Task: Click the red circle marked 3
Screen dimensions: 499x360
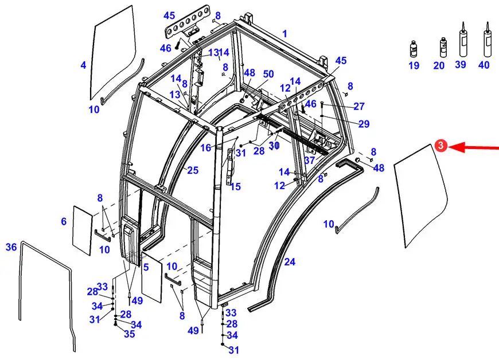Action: tap(440, 146)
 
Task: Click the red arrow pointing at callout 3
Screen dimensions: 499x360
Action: tap(474, 147)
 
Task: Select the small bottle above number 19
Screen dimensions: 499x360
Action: tap(414, 49)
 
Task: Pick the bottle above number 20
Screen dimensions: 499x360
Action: tap(443, 48)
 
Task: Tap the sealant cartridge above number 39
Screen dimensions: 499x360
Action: tap(463, 39)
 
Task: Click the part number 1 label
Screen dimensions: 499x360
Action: tap(284, 34)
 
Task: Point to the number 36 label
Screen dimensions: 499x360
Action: tap(11, 247)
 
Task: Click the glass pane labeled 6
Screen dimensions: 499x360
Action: tap(83, 230)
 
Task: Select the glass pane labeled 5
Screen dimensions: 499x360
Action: tap(151, 277)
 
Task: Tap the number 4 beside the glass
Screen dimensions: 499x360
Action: tap(83, 65)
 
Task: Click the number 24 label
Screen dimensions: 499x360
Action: tap(290, 262)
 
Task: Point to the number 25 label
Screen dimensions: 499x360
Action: tap(193, 170)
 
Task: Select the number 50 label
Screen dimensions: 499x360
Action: tap(268, 74)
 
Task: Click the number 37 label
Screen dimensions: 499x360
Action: tap(309, 161)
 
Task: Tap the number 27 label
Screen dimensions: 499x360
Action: tap(359, 107)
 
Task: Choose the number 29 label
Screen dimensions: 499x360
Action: tap(364, 124)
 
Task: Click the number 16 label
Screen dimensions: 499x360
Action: tap(206, 148)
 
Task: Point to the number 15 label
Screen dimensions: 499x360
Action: tap(236, 187)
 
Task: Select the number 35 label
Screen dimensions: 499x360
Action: tap(130, 334)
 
